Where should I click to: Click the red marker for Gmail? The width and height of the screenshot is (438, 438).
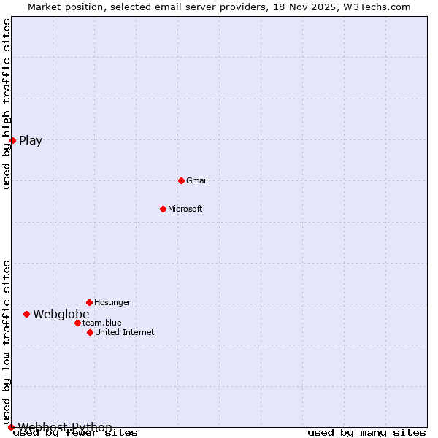[181, 180]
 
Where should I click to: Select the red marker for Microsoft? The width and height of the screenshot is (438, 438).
[163, 209]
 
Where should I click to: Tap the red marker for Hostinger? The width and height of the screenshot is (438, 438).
[89, 302]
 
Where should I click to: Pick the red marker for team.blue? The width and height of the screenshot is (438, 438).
[77, 323]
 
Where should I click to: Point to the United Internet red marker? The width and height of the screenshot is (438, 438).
[90, 332]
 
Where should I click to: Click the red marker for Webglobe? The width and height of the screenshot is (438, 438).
[26, 314]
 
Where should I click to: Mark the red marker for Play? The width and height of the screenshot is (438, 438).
[13, 140]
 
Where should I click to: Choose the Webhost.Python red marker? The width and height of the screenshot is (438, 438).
[11, 427]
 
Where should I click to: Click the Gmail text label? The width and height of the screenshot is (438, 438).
[197, 180]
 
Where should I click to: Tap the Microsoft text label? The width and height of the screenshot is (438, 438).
[185, 209]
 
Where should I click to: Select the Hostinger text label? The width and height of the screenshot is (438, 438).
[112, 302]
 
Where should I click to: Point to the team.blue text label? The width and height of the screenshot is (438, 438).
[102, 323]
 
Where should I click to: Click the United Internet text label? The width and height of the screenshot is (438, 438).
[125, 332]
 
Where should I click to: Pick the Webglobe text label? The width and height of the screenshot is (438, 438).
[61, 314]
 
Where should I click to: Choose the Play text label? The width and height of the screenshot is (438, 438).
[31, 141]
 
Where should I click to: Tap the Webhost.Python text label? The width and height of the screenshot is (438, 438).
[65, 427]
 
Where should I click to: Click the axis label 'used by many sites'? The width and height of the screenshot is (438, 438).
[366, 433]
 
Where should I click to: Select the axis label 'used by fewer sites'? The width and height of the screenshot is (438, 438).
[75, 433]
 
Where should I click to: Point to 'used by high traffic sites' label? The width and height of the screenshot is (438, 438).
[7, 104]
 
